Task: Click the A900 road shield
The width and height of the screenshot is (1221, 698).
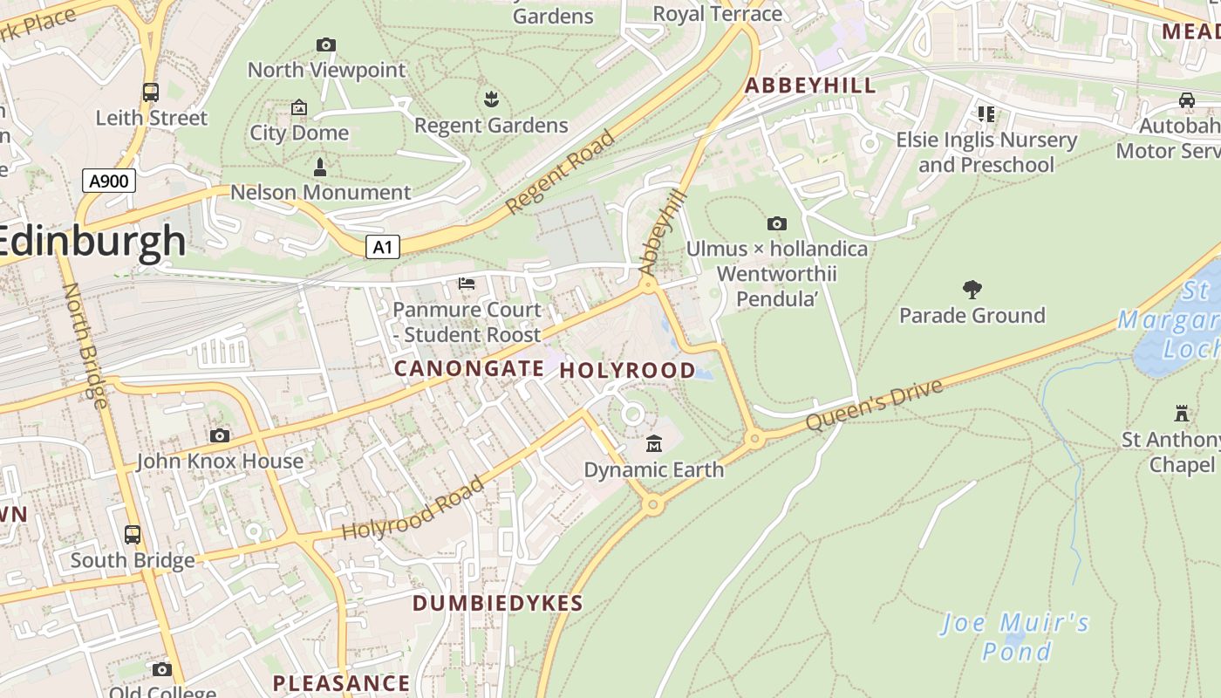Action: click(109, 181)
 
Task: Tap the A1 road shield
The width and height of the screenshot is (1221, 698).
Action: click(382, 248)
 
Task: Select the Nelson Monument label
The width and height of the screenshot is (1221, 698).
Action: click(320, 192)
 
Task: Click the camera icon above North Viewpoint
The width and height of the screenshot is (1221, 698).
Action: click(326, 44)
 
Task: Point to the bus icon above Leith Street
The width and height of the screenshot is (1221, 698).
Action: click(151, 92)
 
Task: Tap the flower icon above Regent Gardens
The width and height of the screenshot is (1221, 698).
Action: click(491, 99)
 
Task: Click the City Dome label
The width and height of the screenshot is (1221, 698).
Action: click(299, 133)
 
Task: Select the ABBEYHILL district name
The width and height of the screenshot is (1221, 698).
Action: click(809, 86)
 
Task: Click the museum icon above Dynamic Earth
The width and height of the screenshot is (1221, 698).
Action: click(653, 444)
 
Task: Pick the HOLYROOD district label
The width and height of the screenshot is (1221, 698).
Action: click(627, 371)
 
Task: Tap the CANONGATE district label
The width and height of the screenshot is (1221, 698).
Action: click(469, 368)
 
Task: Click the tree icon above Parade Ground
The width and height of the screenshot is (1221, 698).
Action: click(972, 290)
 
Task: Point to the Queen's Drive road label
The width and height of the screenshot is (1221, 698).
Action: click(874, 405)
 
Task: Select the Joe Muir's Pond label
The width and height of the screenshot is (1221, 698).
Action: click(1016, 637)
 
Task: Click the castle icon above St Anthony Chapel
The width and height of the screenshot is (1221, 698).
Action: click(1182, 414)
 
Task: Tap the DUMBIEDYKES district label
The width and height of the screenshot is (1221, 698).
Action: click(497, 603)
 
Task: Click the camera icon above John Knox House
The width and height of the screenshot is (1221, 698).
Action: click(220, 435)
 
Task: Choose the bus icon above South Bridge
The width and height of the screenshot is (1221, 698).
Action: click(133, 534)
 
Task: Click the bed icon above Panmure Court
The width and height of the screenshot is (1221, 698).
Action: click(467, 284)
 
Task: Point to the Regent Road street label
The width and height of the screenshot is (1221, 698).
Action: click(560, 173)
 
